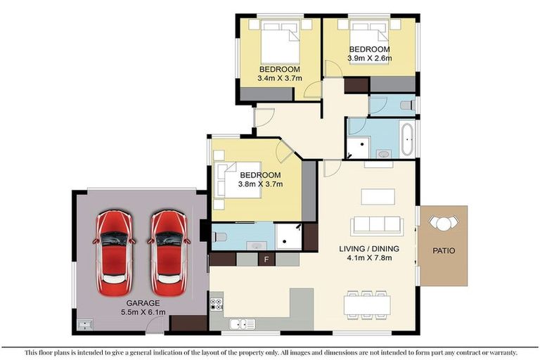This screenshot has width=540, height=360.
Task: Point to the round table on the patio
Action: tap(443, 224)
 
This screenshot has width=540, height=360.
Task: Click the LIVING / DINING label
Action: tap(369, 249)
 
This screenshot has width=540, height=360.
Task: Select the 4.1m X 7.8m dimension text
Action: tap(369, 258)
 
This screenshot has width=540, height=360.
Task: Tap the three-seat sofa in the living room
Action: tap(377, 225)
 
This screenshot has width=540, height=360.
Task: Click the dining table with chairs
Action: tap(367, 303)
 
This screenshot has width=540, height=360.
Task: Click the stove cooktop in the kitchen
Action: tap(217, 305)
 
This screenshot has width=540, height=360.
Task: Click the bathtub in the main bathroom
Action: tap(407, 140)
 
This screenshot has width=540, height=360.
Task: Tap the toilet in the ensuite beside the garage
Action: tap(218, 237)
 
